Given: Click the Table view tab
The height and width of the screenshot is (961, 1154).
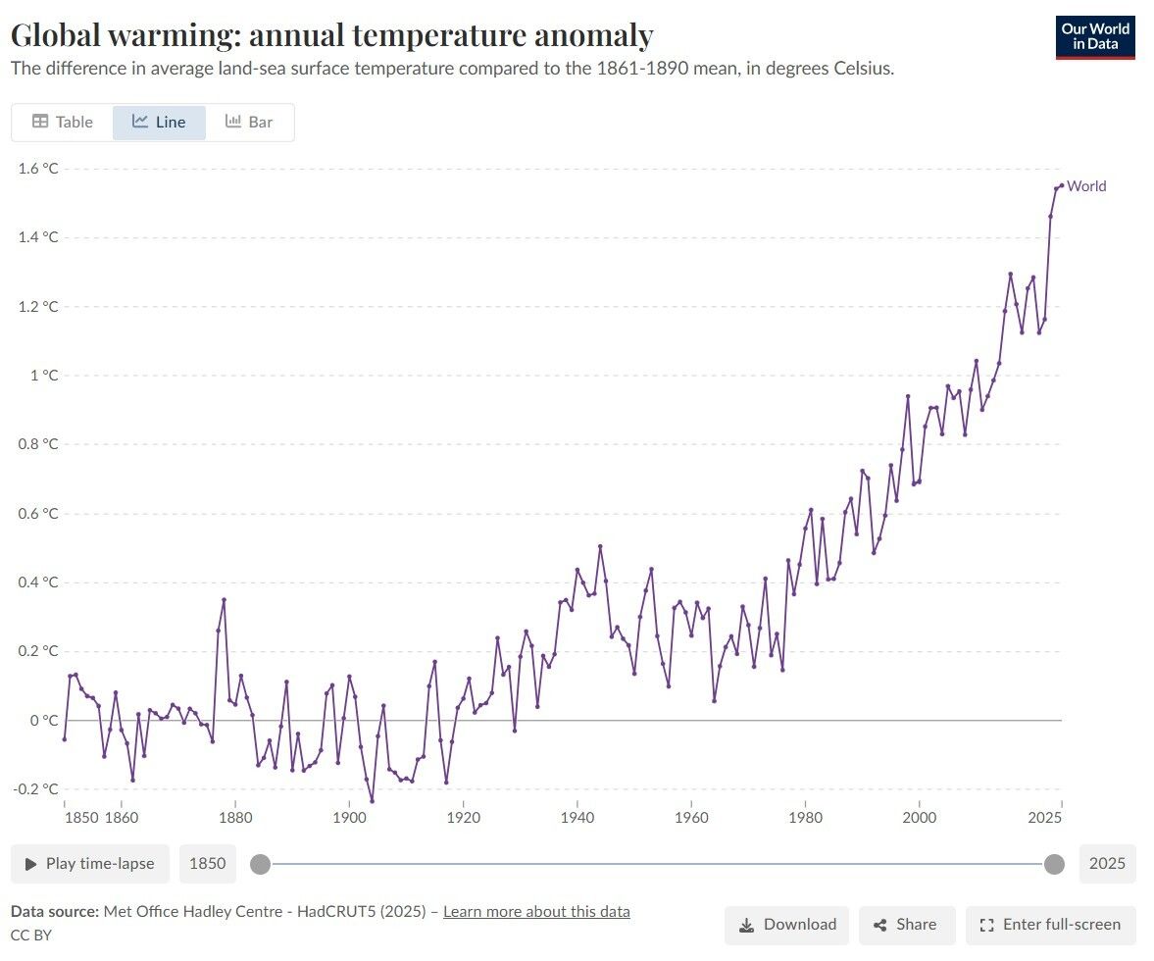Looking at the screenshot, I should click(x=63, y=123).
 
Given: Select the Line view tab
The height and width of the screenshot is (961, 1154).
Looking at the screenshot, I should click(x=159, y=123).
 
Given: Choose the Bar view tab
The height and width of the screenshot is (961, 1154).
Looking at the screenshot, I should click(x=249, y=123).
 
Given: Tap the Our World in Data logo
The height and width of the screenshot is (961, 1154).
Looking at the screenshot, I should click(x=1094, y=37).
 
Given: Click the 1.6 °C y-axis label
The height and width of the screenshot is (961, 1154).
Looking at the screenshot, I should click(x=39, y=169).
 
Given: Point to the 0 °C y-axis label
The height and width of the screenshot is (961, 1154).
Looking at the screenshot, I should click(x=44, y=721).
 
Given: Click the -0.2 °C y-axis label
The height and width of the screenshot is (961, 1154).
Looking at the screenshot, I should click(x=37, y=789).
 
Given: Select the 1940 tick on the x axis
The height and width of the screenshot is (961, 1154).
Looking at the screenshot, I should click(x=577, y=817).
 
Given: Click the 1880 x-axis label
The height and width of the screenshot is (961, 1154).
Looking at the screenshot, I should click(x=234, y=817).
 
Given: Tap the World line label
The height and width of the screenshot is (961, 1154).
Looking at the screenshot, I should click(x=1086, y=186).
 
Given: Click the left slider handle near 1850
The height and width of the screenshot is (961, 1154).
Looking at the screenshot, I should click(x=260, y=864).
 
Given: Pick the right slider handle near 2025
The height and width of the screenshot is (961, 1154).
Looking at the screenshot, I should click(x=1054, y=864).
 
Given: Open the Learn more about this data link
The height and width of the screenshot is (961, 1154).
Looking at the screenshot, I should click(x=536, y=912).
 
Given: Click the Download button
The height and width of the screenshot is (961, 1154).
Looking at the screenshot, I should click(x=787, y=925).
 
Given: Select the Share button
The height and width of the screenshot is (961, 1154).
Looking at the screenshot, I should click(x=906, y=925).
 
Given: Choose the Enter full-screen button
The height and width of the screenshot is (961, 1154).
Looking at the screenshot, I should click(x=1050, y=925).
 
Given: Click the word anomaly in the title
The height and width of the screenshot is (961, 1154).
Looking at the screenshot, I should click(x=591, y=36).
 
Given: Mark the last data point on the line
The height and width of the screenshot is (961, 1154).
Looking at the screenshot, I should click(x=1061, y=185).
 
